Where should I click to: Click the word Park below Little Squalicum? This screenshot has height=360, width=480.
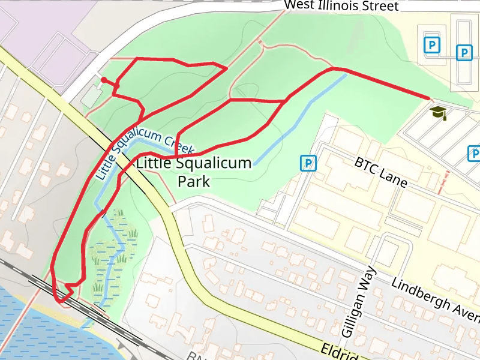[194, 181]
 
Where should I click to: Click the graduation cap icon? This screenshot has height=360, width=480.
[439, 112]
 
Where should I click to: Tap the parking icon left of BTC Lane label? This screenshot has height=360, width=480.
[308, 163]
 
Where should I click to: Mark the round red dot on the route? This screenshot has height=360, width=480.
[104, 80]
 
